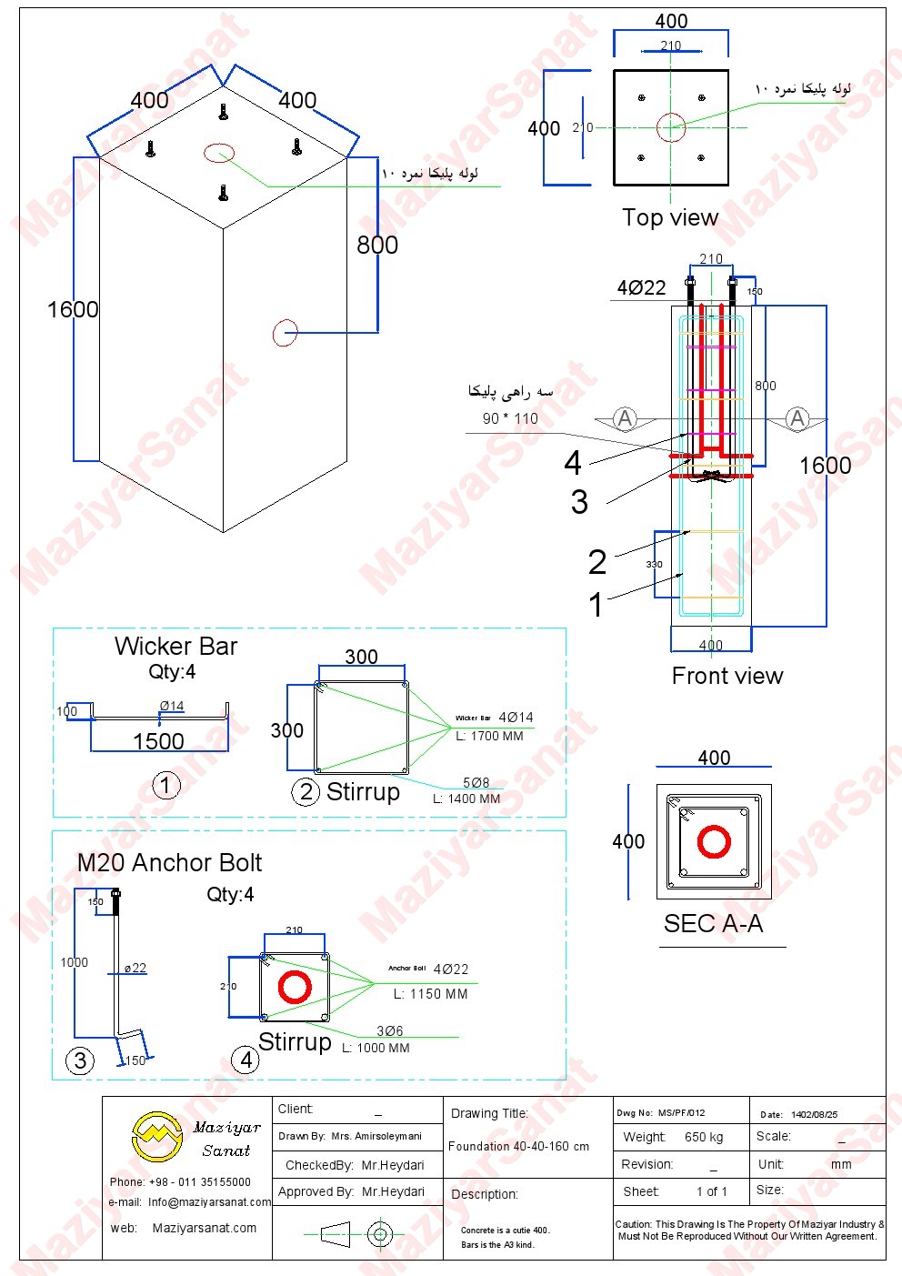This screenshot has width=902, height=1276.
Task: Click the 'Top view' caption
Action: [670, 217]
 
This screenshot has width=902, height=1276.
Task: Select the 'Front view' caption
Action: [727, 676]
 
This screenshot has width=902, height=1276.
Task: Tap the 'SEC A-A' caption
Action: [713, 924]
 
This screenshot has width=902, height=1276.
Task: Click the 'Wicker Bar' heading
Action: [175, 647]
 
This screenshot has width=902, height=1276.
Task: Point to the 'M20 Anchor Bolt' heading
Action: [169, 863]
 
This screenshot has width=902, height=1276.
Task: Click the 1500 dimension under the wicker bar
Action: [158, 741]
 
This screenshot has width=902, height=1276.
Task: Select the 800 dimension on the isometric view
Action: [377, 245]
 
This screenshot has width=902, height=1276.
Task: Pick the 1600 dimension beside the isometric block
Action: [73, 310]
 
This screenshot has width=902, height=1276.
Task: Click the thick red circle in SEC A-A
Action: [714, 841]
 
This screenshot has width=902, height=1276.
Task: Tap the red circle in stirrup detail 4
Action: [295, 987]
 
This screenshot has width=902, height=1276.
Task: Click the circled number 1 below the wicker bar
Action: [165, 785]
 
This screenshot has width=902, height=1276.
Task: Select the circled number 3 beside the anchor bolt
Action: [80, 1060]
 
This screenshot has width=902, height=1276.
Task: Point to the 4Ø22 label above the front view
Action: [641, 288]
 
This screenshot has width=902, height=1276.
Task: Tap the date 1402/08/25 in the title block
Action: [815, 1114]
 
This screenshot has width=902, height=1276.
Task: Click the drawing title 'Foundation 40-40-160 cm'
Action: [518, 1146]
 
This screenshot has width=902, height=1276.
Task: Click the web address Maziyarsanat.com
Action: [205, 1228]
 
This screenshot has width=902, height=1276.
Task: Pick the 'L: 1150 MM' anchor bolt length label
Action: [431, 994]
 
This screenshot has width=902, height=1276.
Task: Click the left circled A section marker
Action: [625, 418]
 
